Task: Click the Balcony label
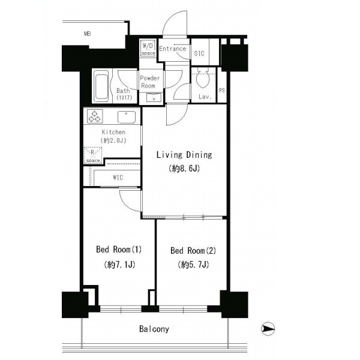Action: [154, 329]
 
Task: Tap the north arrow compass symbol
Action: [268, 329]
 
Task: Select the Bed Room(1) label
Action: [119, 250]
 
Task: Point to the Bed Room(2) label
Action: [193, 250]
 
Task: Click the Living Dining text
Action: [184, 155]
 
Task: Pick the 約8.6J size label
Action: [184, 169]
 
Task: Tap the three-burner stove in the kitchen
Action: [95, 116]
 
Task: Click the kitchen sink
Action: [127, 117]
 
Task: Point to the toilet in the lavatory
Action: [203, 78]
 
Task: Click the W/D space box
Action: [148, 48]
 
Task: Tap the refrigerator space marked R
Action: [93, 155]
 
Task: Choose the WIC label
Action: [118, 178]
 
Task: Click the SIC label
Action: [199, 53]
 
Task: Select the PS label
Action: [222, 90]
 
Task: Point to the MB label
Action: [88, 34]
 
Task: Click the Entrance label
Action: [172, 49]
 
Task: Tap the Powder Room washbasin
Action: [154, 97]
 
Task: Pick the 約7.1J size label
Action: [119, 265]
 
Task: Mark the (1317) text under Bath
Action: [124, 98]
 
